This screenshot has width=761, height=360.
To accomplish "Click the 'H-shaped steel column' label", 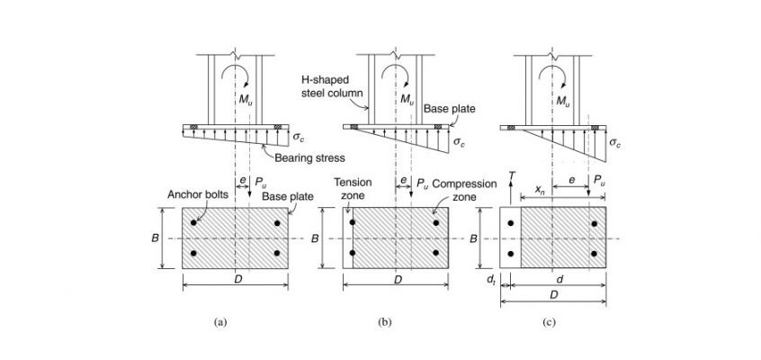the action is tap(317, 85).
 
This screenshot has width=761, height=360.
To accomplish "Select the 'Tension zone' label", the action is tap(353, 188).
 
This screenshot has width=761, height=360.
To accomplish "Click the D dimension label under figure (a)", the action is tap(235, 279).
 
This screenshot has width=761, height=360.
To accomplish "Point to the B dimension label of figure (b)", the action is tap(315, 238).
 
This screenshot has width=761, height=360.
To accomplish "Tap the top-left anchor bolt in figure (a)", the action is tap(193, 222).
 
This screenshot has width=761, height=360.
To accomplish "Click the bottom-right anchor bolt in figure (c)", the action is tap(594, 254).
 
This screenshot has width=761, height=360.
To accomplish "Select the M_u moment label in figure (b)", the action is tap(408, 99).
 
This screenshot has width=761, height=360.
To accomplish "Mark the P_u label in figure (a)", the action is tap(260, 182).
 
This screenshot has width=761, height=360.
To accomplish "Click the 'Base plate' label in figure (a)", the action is tap(287, 196).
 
